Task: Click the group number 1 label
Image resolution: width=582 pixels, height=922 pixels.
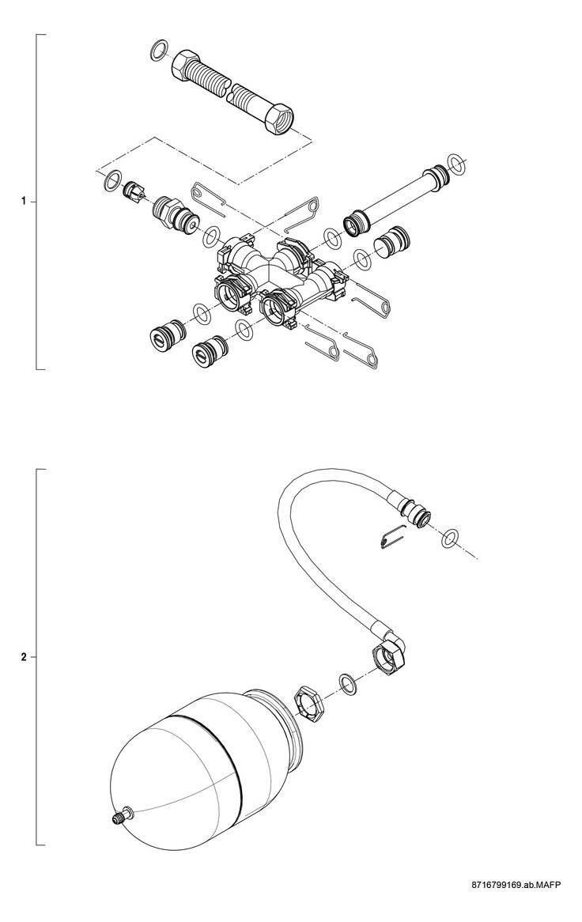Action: [24, 202]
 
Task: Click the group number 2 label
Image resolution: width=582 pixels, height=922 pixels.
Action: [24, 657]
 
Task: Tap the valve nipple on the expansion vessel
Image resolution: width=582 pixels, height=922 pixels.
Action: [119, 818]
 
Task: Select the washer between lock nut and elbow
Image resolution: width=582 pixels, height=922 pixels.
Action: [346, 683]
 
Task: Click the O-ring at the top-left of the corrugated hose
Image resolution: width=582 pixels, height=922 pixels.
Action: [157, 51]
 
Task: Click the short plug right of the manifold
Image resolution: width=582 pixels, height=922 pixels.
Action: [392, 240]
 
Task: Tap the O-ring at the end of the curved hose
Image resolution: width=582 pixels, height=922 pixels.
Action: [450, 538]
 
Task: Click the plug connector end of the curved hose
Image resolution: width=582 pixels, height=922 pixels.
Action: [414, 509]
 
